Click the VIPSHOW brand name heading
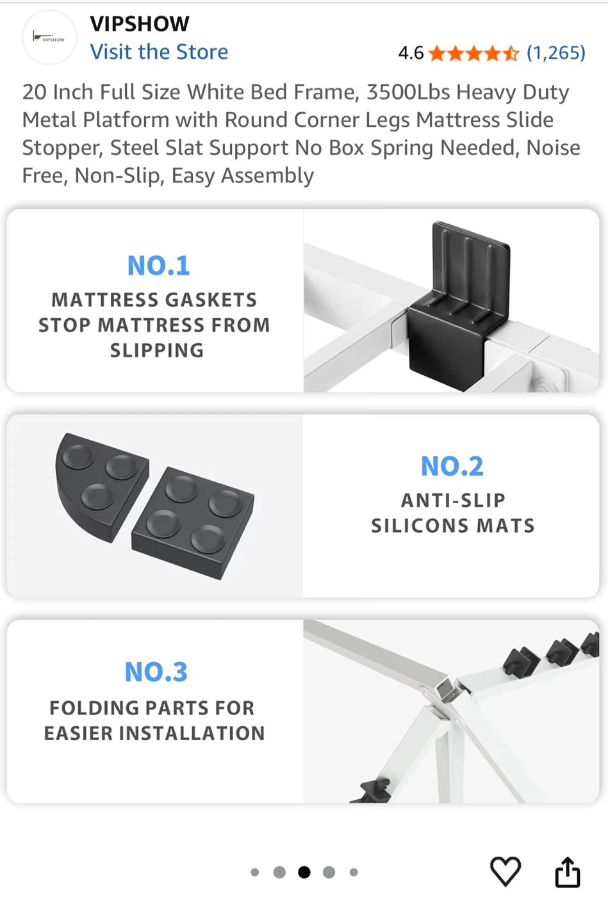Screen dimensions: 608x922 tap(140, 24)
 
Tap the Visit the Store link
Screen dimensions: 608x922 tap(159, 52)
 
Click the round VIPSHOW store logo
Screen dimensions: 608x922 tap(49, 37)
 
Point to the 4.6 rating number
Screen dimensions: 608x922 tap(411, 53)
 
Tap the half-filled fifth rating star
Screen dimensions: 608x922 tap(511, 53)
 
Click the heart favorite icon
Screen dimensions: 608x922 tap(505, 871)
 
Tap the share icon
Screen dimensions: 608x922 tap(568, 871)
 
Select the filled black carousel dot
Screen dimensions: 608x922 tap(304, 872)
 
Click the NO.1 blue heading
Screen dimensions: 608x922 tap(159, 266)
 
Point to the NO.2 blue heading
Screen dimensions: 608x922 tap(452, 466)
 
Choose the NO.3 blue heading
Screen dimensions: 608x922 tap(156, 672)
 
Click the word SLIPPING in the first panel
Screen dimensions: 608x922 tap(157, 351)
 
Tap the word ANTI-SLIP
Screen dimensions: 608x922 tap(453, 501)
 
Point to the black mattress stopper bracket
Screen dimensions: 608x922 tap(459, 306)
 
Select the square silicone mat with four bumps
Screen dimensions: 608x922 tap(193, 523)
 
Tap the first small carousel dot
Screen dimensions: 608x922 tap(254, 872)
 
